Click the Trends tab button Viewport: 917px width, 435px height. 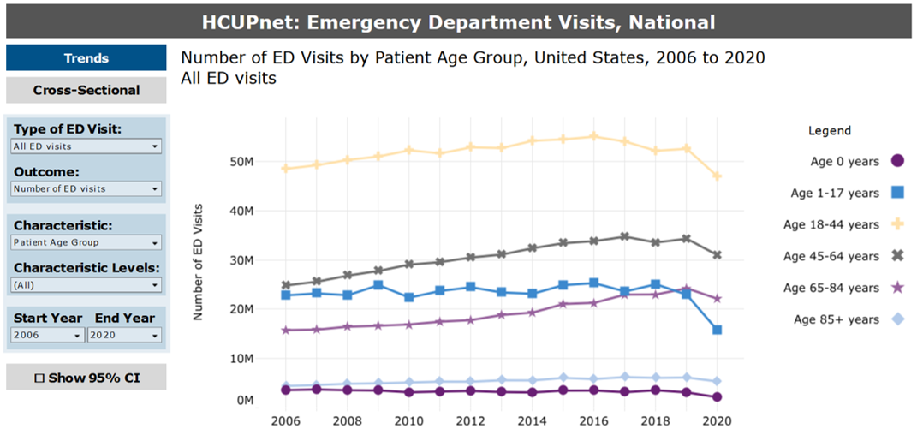pos(86,58)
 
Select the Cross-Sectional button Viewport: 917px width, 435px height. pos(86,90)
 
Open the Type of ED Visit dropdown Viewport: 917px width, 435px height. pos(86,146)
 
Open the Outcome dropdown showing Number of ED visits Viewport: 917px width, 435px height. pos(86,188)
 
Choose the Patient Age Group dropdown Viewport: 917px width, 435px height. pos(86,242)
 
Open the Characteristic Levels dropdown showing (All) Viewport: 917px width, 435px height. pos(86,285)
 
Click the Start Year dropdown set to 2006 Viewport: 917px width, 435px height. pos(48,336)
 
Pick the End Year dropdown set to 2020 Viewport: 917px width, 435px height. pos(124,336)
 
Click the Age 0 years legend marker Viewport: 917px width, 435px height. pos(897,160)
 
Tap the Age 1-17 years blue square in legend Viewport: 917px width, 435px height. pos(897,193)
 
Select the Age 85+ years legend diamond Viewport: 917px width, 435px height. pos(897,319)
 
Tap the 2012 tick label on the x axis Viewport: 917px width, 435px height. pos(470,422)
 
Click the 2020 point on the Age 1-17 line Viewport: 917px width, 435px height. pos(717,330)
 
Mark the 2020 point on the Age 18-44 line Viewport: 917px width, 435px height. pos(717,176)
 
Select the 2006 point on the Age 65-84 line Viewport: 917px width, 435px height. pos(285,330)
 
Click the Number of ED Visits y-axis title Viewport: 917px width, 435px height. pos(198,262)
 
